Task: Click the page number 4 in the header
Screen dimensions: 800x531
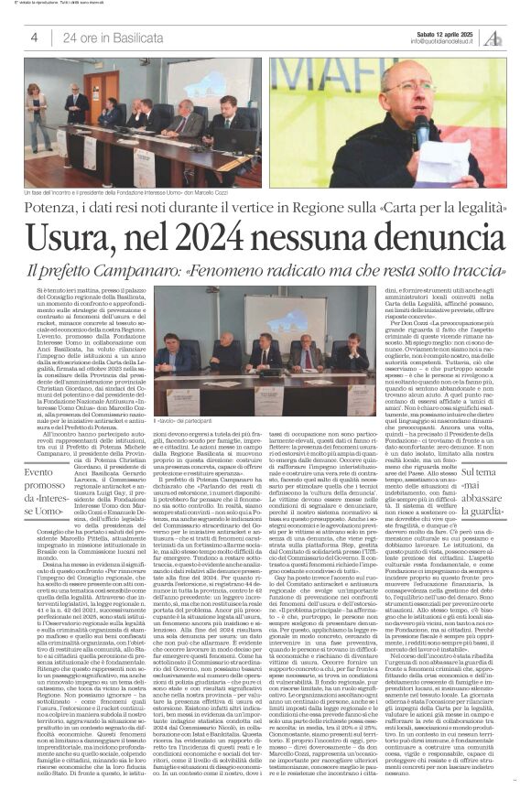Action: pos(34,37)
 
